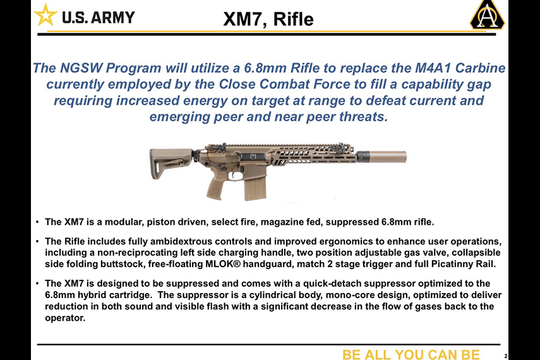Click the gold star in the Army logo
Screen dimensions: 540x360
click(45, 16)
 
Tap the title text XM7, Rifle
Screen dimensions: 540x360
click(268, 19)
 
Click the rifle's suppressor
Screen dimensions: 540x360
click(381, 157)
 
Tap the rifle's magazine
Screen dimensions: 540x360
click(255, 187)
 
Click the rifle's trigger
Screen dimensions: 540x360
click(235, 176)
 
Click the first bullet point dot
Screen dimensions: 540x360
click(37, 222)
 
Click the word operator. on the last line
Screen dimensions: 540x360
click(65, 318)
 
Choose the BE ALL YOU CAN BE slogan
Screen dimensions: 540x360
click(411, 354)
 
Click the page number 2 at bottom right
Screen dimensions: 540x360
click(506, 356)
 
